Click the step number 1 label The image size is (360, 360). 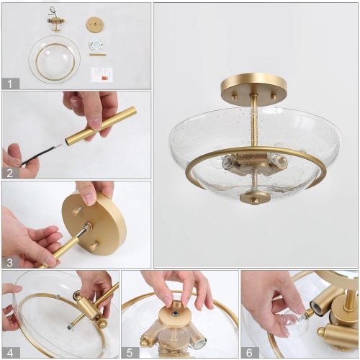[x=9, y=83]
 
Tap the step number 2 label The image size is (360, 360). [x=9, y=172]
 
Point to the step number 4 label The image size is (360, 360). [x=9, y=351]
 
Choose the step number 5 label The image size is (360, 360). [x=129, y=351]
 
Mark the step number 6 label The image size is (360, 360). [x=249, y=351]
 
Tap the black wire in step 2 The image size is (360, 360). [x=40, y=153]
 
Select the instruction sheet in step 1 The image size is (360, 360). [x=102, y=73]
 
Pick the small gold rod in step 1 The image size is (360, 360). [x=96, y=55]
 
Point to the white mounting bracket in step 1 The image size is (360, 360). [x=96, y=45]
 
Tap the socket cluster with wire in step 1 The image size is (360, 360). [x=55, y=22]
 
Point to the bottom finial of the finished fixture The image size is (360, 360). [x=255, y=197]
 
